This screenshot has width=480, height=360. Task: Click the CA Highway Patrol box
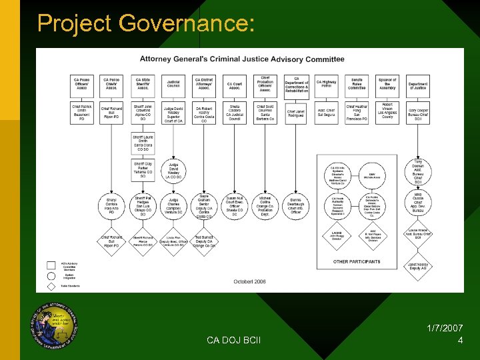coord(327,84)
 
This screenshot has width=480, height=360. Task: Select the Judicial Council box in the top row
coord(173,84)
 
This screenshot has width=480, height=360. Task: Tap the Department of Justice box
coord(418,84)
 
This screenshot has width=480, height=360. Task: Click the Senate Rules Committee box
coord(357,84)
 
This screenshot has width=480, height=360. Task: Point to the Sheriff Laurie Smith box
coord(143,143)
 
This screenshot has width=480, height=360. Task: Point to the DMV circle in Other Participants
coord(371,175)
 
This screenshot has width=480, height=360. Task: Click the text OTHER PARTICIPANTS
coord(357,261)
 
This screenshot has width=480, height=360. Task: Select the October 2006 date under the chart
coord(249,281)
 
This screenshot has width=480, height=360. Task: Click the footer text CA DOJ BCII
coord(233,341)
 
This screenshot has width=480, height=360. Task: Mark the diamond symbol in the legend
coord(51,286)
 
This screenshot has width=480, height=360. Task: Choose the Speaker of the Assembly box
coord(387,84)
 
